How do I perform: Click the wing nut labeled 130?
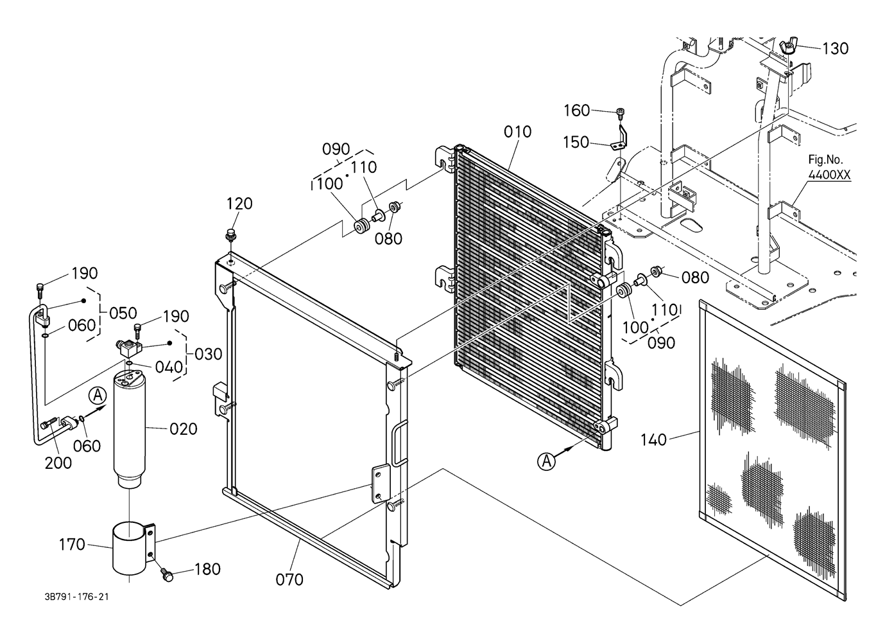point(788,47)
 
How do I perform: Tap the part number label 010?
point(517,132)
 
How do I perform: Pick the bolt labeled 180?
point(167,575)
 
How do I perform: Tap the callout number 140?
point(653,440)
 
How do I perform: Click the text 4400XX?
point(830,174)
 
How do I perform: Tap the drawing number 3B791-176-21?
point(76,597)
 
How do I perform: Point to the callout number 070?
point(289,580)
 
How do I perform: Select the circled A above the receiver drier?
point(98,396)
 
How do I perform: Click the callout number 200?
point(58,463)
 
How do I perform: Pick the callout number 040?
point(169,367)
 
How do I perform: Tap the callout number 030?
point(209,354)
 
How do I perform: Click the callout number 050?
point(123,313)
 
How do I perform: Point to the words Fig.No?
point(825,160)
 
